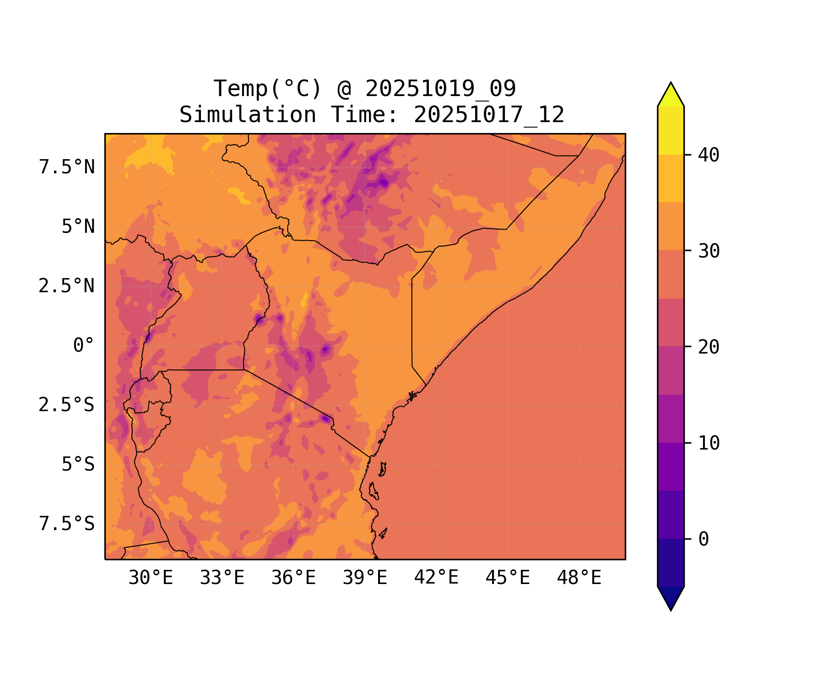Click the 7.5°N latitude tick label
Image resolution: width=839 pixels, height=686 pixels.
(x=67, y=167)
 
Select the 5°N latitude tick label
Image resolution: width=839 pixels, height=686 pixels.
(x=78, y=227)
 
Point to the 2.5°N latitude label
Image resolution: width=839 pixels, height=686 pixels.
(x=67, y=286)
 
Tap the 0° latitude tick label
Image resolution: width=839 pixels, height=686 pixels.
(x=84, y=346)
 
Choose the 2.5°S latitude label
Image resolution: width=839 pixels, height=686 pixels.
(x=67, y=405)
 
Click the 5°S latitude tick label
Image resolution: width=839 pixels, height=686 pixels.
(x=78, y=465)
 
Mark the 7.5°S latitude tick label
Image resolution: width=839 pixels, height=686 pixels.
(x=67, y=524)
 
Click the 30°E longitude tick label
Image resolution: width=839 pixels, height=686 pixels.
(x=151, y=578)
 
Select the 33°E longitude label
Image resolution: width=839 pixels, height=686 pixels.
(x=222, y=578)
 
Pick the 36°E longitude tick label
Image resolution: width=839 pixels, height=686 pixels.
(x=293, y=578)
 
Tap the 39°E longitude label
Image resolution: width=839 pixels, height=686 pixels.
(x=365, y=578)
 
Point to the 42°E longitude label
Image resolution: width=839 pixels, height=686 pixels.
(x=436, y=578)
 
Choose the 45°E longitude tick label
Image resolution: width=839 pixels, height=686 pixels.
(x=508, y=578)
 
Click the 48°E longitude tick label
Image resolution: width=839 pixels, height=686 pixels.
(x=579, y=578)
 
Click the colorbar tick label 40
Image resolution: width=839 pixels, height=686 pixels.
(x=709, y=155)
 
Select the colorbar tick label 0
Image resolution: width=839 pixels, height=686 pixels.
(x=704, y=540)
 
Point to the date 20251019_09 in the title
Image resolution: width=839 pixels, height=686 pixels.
(x=441, y=89)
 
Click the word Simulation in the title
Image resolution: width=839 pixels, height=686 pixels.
(x=248, y=115)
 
